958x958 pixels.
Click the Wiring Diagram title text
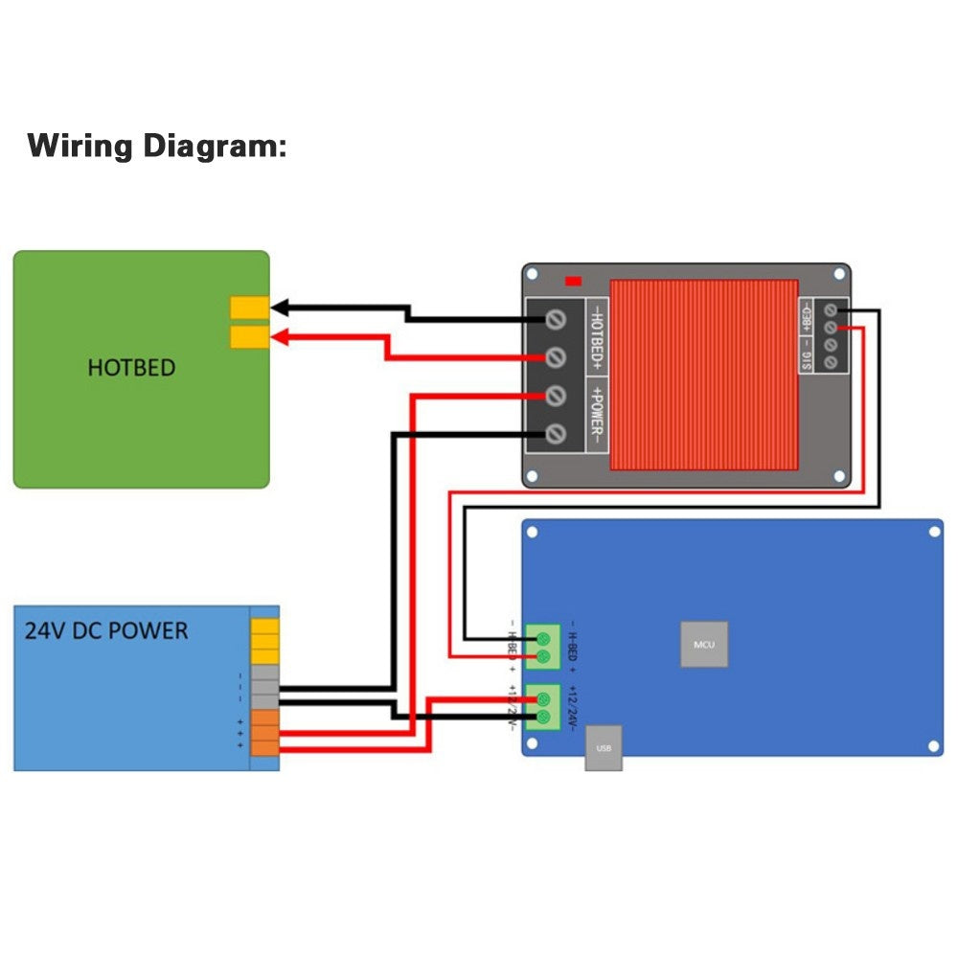[156, 147]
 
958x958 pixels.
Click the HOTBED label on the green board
[131, 368]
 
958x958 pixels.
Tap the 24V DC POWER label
[106, 631]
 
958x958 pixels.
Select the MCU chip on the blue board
[704, 644]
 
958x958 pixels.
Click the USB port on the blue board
[604, 747]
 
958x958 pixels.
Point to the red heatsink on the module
[704, 375]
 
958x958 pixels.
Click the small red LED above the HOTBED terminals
[574, 281]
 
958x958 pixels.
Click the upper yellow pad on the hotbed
[249, 308]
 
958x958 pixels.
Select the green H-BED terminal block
[544, 647]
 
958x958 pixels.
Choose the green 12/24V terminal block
[544, 707]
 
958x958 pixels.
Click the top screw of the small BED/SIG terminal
[830, 309]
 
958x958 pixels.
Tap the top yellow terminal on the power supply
[265, 627]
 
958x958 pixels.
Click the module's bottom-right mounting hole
[839, 475]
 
